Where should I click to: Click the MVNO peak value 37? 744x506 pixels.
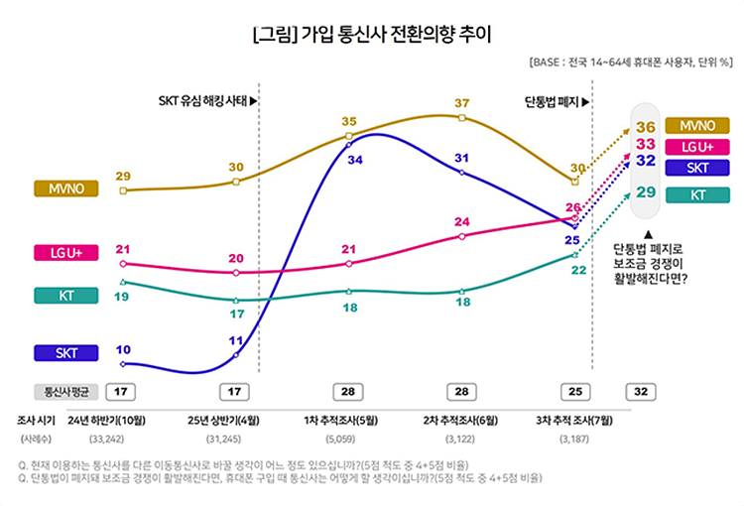(x=462, y=103)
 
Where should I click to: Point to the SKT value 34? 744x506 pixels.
(x=354, y=158)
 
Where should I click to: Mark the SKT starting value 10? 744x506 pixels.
(x=122, y=349)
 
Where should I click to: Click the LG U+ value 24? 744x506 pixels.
(x=462, y=221)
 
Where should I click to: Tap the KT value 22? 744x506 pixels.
(x=577, y=269)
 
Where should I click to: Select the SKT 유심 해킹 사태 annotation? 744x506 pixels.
(x=207, y=101)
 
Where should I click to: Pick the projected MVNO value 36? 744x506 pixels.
(x=646, y=127)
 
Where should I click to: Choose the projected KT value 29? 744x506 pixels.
(x=646, y=191)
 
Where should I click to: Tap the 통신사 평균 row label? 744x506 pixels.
(x=65, y=391)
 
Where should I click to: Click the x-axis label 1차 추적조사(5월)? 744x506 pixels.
(x=348, y=419)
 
